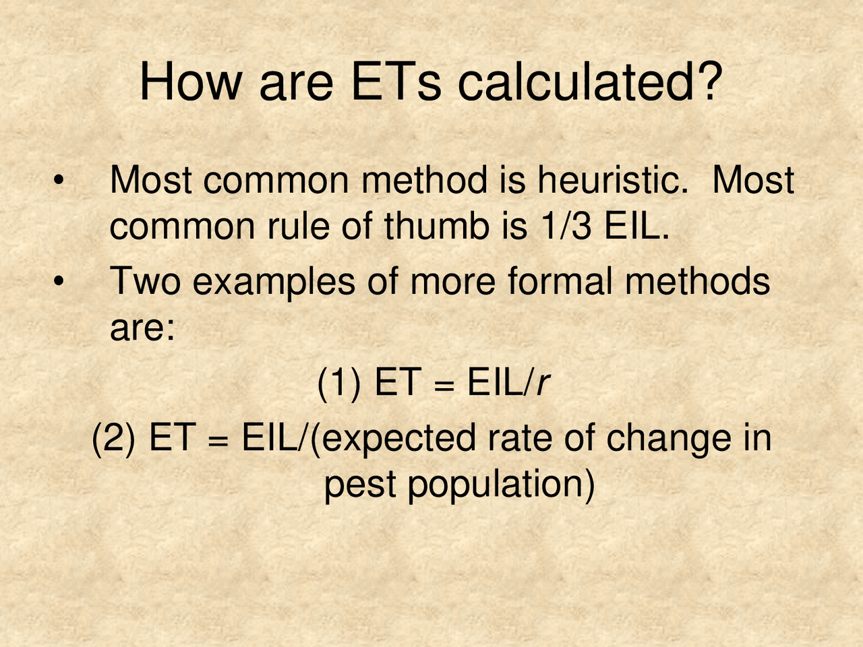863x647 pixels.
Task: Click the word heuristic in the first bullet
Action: point(612,181)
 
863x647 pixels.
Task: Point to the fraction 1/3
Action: point(566,227)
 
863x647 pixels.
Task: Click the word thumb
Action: point(436,227)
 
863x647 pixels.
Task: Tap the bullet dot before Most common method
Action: point(59,181)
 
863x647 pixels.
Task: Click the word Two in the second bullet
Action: point(145,282)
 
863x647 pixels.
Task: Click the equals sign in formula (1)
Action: point(440,386)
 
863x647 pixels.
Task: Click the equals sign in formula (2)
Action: point(215,440)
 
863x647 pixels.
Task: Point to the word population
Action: point(500,485)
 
